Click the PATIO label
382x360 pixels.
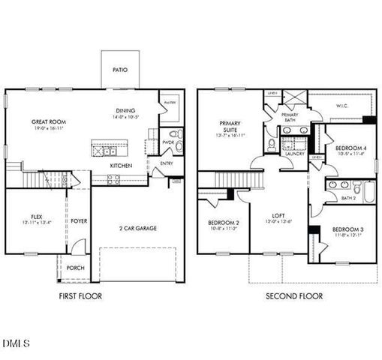coord(120,70)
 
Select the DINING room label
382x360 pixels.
coord(125,109)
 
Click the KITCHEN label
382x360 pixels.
coord(122,165)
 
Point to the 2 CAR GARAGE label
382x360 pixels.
coord(138,228)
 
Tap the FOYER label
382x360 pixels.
coord(79,221)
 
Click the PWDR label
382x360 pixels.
coord(167,140)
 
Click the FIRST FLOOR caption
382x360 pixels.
coord(80,296)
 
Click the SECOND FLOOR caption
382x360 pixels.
coord(294,296)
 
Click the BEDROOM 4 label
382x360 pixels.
coord(350,148)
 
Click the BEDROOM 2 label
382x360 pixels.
coord(223,223)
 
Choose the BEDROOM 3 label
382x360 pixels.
coord(347,229)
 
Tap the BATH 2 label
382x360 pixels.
coord(348,198)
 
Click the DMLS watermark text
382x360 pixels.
coord(16,343)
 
